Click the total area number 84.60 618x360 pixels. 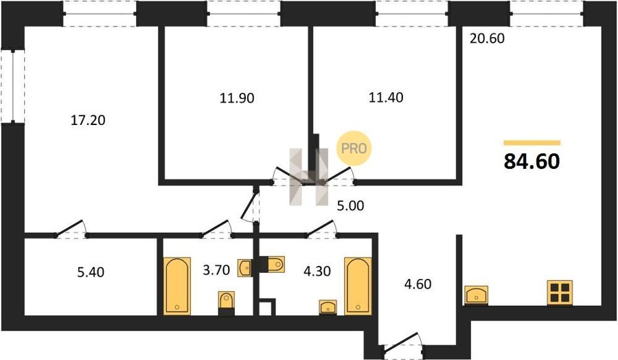pos(531,161)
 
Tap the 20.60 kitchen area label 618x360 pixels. pos(487,38)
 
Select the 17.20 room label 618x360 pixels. pos(88,120)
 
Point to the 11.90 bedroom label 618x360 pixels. pos(237,98)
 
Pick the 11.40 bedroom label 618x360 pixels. pos(386,97)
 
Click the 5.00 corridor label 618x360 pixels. pos(350,205)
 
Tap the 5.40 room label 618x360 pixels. pos(91,272)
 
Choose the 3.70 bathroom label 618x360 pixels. pos(216,270)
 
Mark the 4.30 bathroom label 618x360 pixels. pos(317,271)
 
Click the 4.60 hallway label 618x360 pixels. pos(417,284)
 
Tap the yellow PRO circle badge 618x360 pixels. pos(354,148)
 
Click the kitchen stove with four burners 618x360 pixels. pos(560,293)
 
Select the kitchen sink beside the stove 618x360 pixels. pos(476,295)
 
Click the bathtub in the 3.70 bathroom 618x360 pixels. pos(177,286)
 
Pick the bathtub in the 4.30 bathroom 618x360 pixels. pos(358,286)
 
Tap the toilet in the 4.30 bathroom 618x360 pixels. pos(272,265)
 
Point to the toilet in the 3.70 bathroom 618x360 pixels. pos(226,304)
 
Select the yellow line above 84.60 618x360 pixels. pos(532,143)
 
